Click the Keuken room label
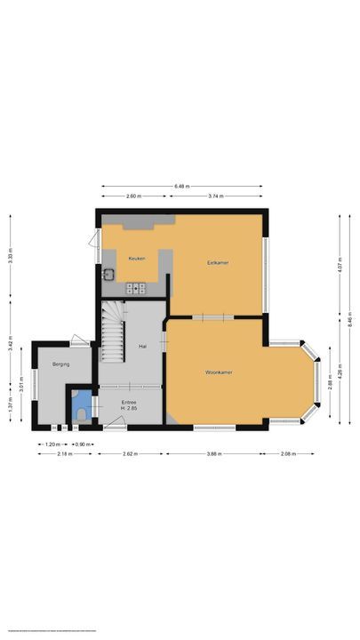click(x=136, y=259)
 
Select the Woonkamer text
click(x=218, y=372)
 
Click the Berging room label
click(x=60, y=364)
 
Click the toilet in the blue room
click(x=82, y=412)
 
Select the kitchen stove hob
click(x=137, y=287)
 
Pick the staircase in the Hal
click(x=112, y=333)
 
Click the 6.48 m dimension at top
click(x=181, y=187)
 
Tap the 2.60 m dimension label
click(x=133, y=196)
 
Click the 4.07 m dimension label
click(x=340, y=264)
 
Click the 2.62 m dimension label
click(x=130, y=453)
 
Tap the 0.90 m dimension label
click(x=81, y=444)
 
